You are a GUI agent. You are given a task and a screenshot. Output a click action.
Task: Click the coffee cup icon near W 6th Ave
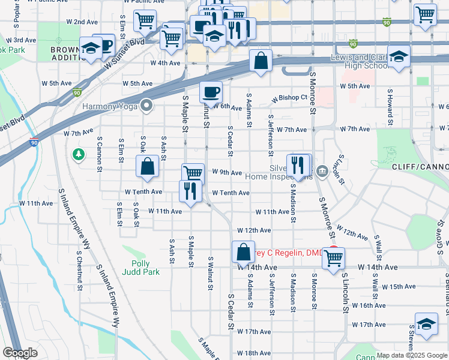click(211, 92)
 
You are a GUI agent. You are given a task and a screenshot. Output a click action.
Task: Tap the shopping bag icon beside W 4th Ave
click(261, 61)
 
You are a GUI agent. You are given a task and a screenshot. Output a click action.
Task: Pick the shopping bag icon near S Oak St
click(147, 167)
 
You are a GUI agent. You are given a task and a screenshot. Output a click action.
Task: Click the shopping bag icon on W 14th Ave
click(243, 253)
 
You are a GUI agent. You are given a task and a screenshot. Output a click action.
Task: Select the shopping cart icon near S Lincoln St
click(333, 259)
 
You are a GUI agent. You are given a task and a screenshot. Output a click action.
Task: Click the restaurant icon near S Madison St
click(298, 165)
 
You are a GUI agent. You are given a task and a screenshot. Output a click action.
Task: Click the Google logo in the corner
click(20, 353)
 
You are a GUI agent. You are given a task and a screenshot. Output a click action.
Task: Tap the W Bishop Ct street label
click(289, 97)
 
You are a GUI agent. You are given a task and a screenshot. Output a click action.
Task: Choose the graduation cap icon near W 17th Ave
click(426, 324)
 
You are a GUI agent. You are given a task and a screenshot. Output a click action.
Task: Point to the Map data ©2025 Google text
click(411, 355)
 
